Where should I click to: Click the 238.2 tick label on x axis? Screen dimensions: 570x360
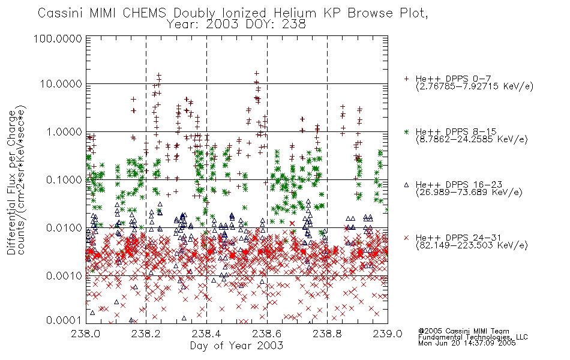pos(146,334)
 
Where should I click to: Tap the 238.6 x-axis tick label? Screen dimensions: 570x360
pos(267,334)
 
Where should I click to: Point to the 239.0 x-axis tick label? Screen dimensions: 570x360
pos(388,334)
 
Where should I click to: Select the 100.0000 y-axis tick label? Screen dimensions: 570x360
pos(58,38)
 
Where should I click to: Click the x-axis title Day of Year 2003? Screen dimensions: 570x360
pos(236,346)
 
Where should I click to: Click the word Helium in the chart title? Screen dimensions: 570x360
pos(295,13)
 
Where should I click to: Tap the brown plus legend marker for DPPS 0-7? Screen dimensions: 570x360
pos(406,79)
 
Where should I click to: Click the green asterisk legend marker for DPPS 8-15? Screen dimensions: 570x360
pos(406,131)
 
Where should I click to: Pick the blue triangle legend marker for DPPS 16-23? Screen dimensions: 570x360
pos(406,185)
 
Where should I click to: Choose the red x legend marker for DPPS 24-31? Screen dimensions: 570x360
pos(406,238)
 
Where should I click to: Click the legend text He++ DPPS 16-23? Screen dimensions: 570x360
pos(459,185)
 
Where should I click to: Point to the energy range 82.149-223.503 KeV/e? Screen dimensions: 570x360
pos(472,245)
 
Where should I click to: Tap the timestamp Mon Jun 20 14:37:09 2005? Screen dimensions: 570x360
pos(467,343)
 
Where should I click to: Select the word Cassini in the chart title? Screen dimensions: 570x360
pos(61,13)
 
